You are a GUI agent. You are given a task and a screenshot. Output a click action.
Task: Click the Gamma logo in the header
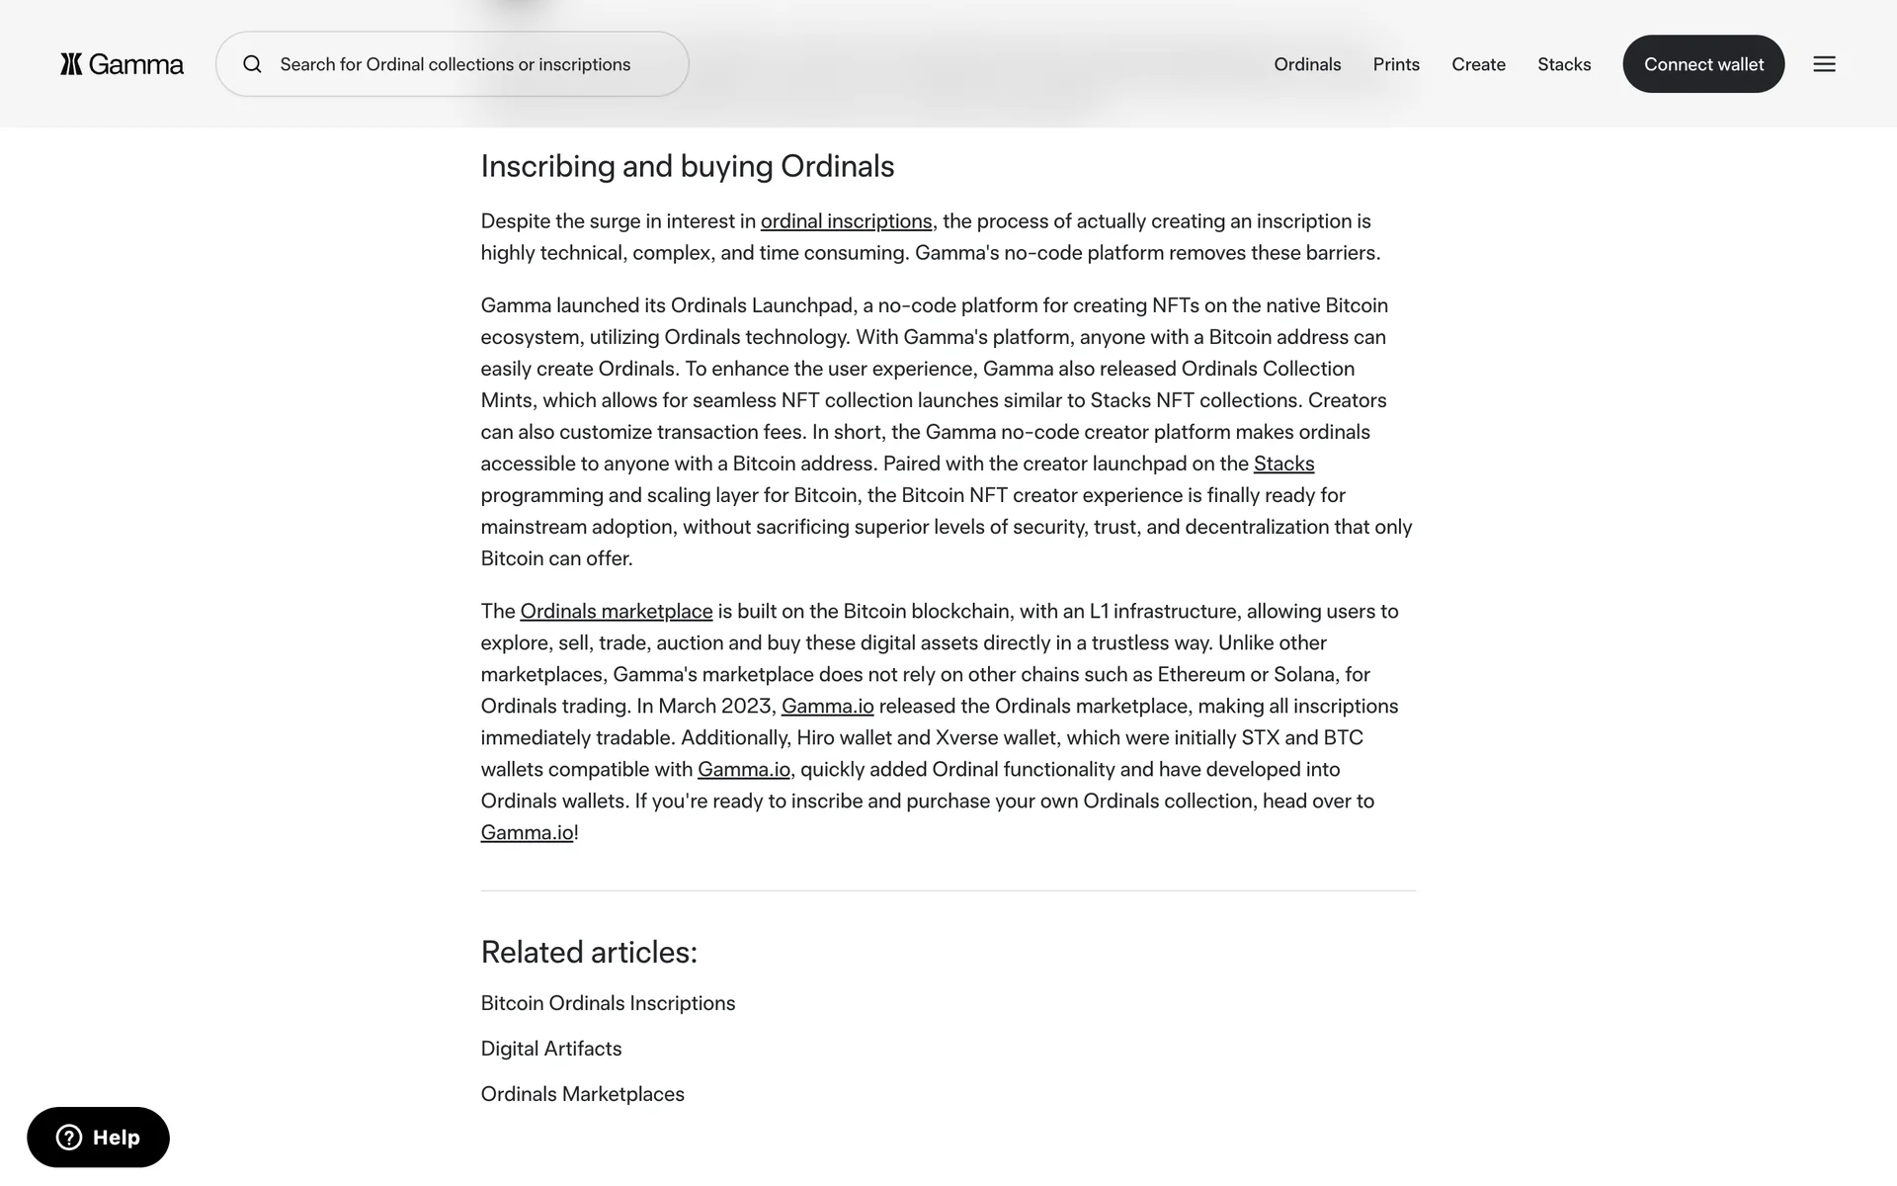coord(122,64)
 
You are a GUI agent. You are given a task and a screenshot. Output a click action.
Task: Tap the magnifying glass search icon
coord(253,64)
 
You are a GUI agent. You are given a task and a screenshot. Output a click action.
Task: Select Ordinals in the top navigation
coord(1307,64)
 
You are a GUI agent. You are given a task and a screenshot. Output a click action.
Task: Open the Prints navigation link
coord(1396,64)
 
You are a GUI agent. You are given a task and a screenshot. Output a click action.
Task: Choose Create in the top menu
coord(1478,64)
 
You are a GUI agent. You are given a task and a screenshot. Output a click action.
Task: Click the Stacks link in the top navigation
coord(1564,64)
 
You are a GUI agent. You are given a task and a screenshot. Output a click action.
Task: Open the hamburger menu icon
coord(1824,64)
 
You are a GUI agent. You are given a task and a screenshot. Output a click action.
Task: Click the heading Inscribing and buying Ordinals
coord(688,166)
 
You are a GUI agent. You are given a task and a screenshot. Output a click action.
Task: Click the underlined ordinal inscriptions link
coord(846,221)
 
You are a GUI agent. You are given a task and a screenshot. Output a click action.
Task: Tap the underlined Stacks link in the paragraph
coord(1283,464)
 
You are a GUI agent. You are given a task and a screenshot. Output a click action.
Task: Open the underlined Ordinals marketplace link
coord(616,611)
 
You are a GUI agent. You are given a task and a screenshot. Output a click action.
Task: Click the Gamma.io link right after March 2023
coord(827,706)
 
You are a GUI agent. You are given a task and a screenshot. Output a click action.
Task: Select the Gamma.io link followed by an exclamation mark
coord(527,832)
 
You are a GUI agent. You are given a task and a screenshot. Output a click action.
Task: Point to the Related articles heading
coord(589,952)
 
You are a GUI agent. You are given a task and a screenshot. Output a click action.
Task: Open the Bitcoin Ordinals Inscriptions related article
coord(608,1003)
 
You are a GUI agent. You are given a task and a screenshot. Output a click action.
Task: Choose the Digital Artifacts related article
coord(550,1049)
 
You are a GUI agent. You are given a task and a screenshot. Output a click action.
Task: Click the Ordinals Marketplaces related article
coord(582,1094)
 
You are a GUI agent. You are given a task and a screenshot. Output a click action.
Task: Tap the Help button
coord(98,1138)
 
